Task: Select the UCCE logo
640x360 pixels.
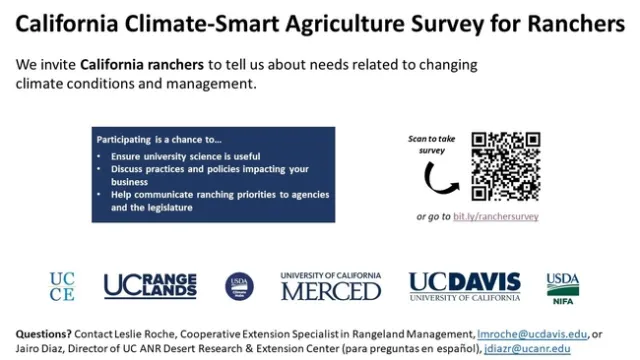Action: tap(62, 286)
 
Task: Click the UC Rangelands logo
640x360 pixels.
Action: tap(150, 286)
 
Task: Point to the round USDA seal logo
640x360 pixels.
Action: tap(239, 287)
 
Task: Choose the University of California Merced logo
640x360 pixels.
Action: tap(331, 286)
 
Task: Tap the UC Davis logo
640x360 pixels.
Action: tap(464, 286)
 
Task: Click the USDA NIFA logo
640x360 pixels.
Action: tap(563, 286)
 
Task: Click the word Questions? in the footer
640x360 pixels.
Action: tap(46, 333)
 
